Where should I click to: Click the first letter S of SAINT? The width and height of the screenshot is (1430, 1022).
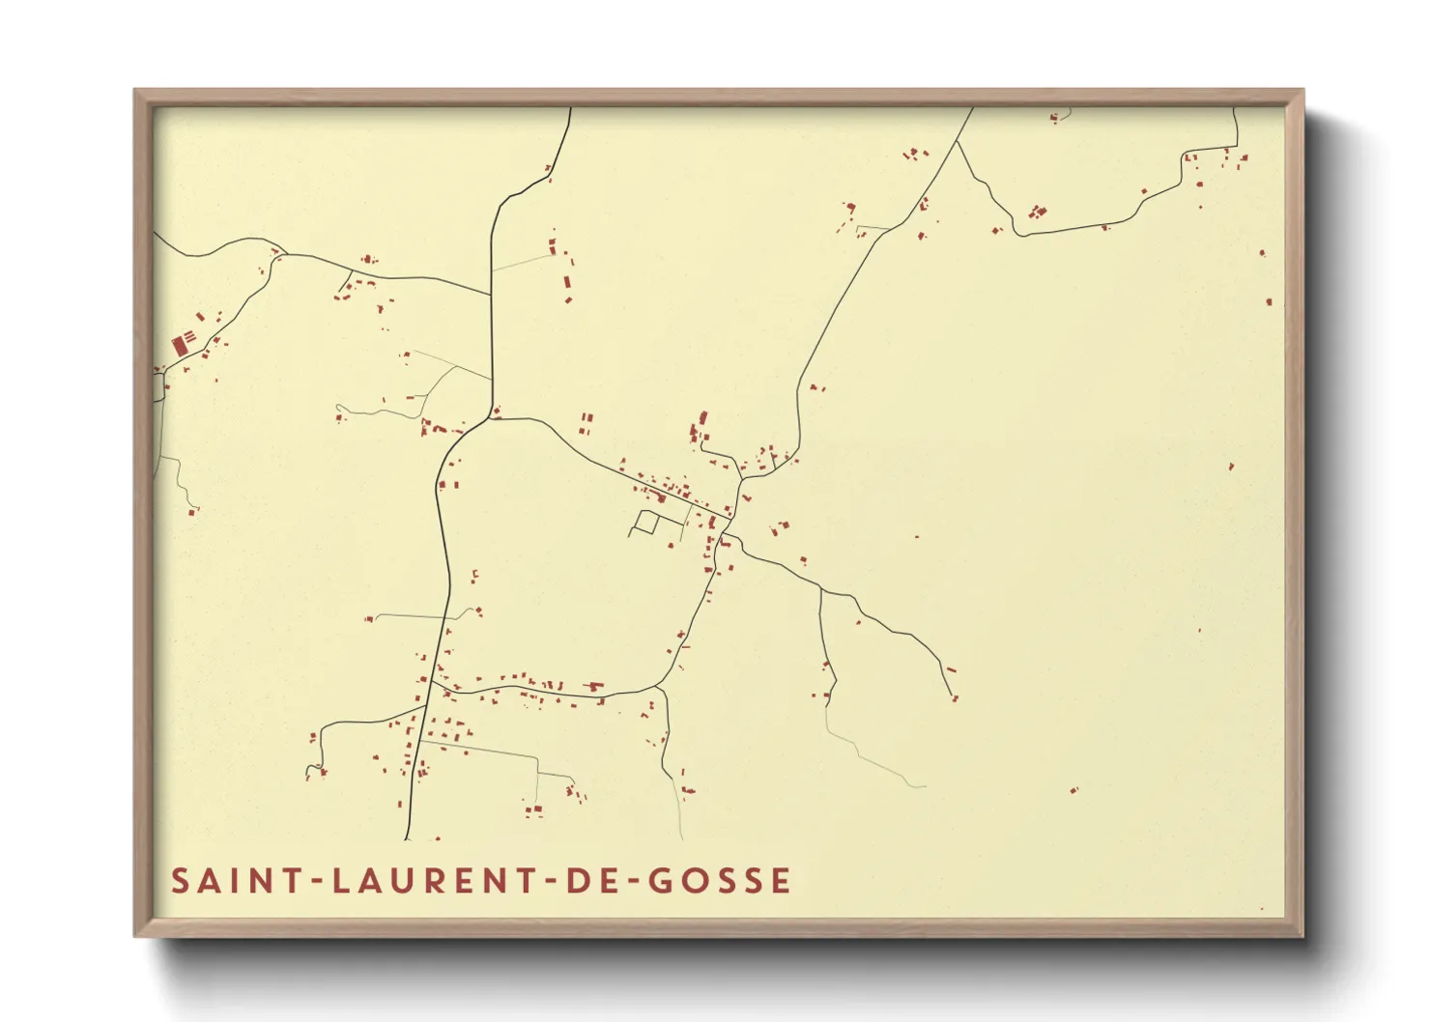[180, 881]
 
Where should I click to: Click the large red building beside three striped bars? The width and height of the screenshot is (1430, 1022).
[178, 345]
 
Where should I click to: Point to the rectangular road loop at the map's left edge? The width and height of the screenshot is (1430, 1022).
[157, 387]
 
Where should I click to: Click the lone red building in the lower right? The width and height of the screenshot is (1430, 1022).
[1073, 791]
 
